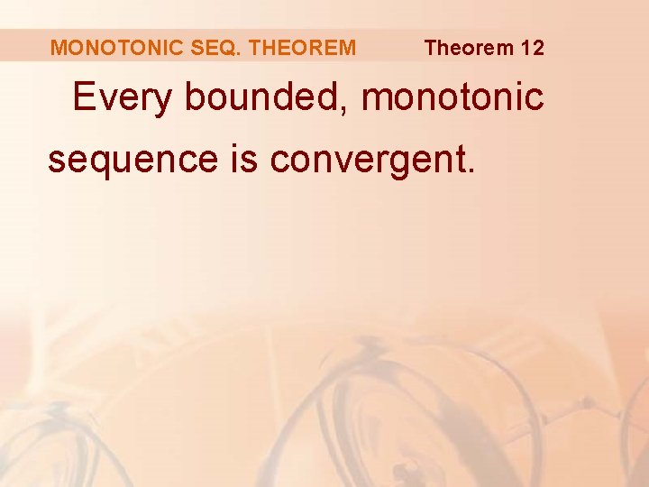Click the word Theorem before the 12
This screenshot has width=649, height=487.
click(467, 48)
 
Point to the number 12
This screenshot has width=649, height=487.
click(532, 48)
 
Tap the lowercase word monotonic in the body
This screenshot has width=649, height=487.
click(452, 97)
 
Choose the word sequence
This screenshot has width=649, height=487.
click(133, 160)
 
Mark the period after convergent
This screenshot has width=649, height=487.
click(466, 170)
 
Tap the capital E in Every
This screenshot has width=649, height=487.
click(84, 96)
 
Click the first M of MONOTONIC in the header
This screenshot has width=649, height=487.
click(59, 48)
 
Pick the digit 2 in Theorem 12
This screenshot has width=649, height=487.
click(537, 48)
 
